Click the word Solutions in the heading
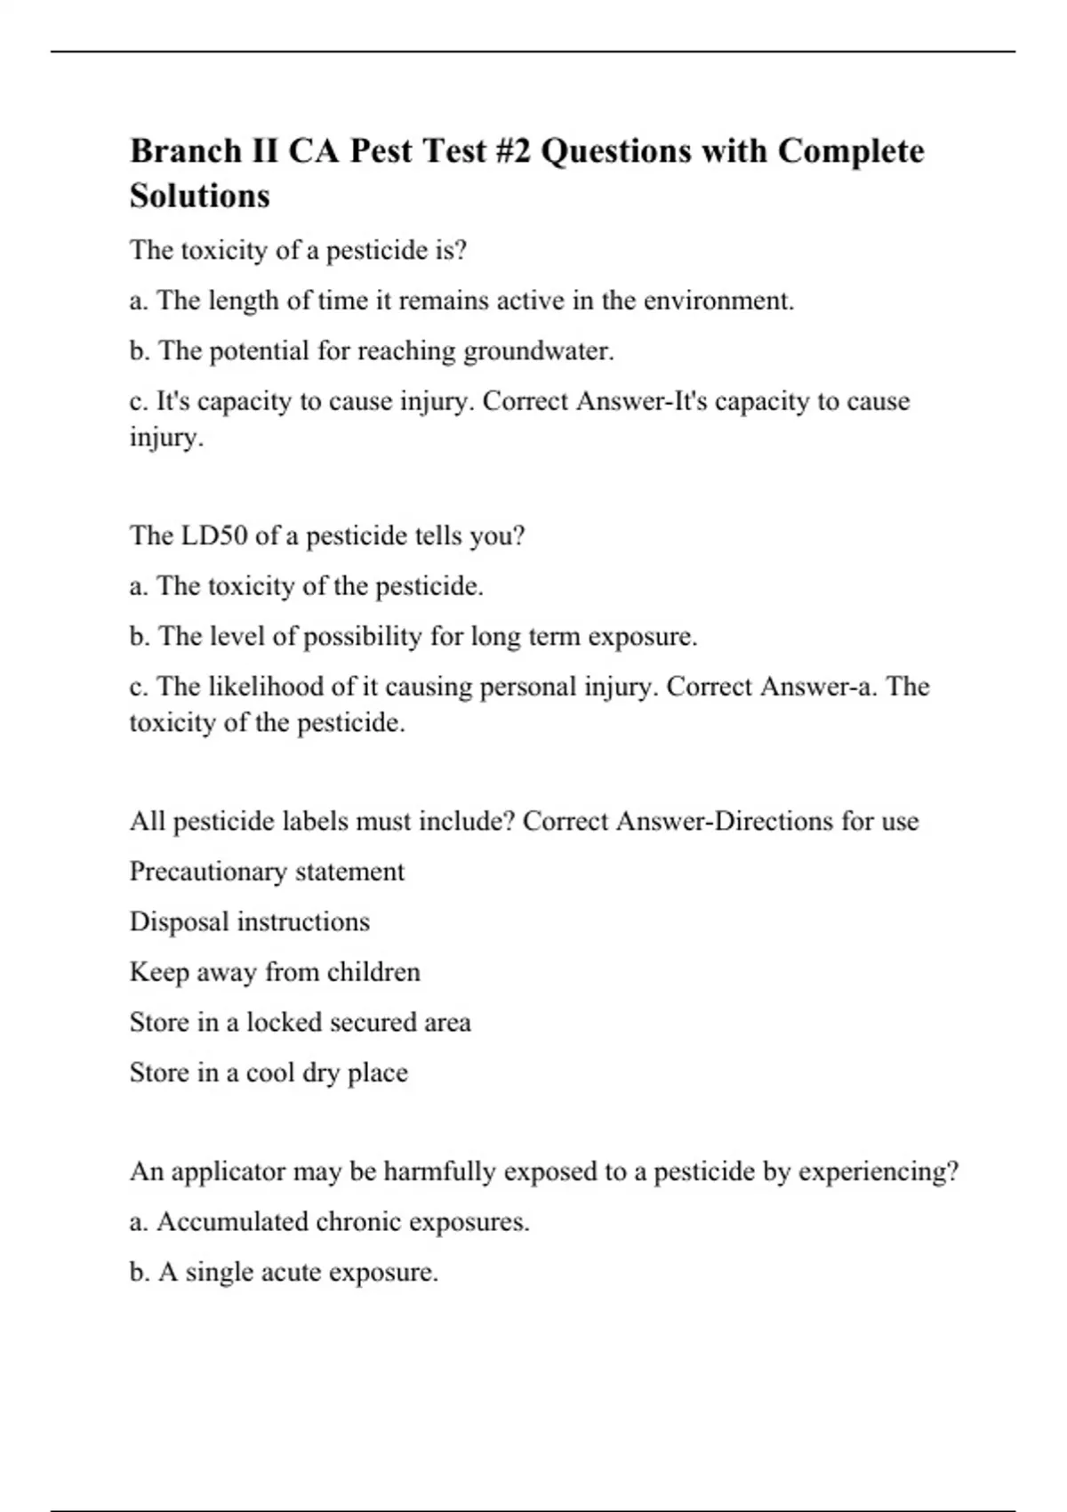[x=200, y=196]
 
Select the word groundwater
[x=538, y=351]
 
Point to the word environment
[x=718, y=301]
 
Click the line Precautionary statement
[x=267, y=872]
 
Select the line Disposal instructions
[x=250, y=921]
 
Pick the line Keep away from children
[x=275, y=972]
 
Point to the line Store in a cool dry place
[x=269, y=1073]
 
